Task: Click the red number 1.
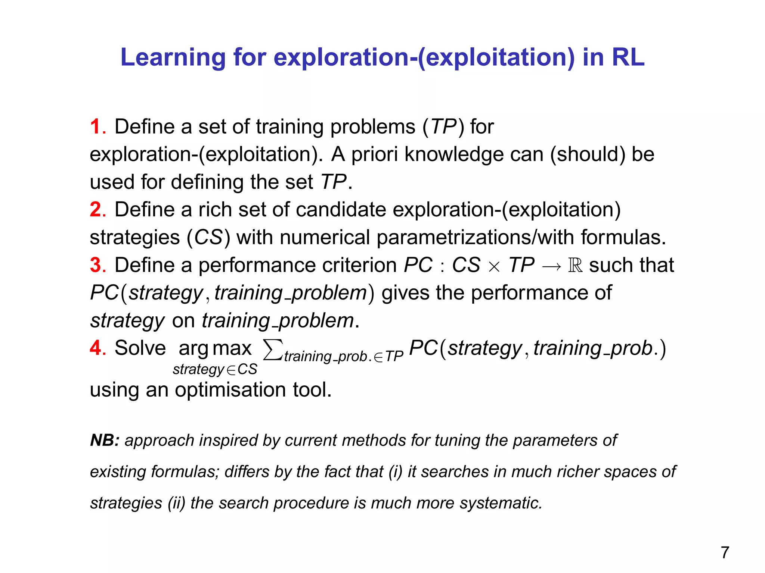96,127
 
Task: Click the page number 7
725,552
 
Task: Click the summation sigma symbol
272,350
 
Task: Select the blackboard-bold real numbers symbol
575,265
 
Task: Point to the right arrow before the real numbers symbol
551,266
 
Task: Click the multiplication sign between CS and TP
494,267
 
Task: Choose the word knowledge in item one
454,154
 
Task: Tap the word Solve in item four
140,348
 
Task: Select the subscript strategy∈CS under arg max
215,369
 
